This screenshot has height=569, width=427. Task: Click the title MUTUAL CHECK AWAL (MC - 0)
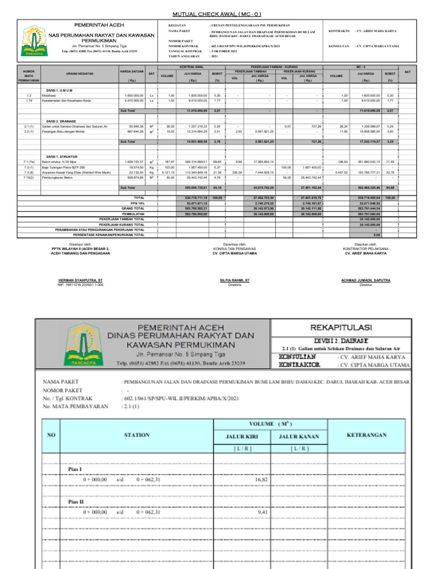pyautogui.click(x=213, y=13)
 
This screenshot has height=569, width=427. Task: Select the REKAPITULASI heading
pyautogui.click(x=341, y=327)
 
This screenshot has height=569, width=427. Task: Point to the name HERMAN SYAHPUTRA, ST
pyautogui.click(x=81, y=281)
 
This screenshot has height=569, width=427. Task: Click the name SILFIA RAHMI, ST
pyautogui.click(x=235, y=281)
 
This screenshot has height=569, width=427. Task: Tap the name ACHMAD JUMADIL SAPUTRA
pyautogui.click(x=365, y=281)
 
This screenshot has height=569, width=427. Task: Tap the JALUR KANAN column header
pyautogui.click(x=299, y=436)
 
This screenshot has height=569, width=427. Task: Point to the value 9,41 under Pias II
pyautogui.click(x=262, y=512)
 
